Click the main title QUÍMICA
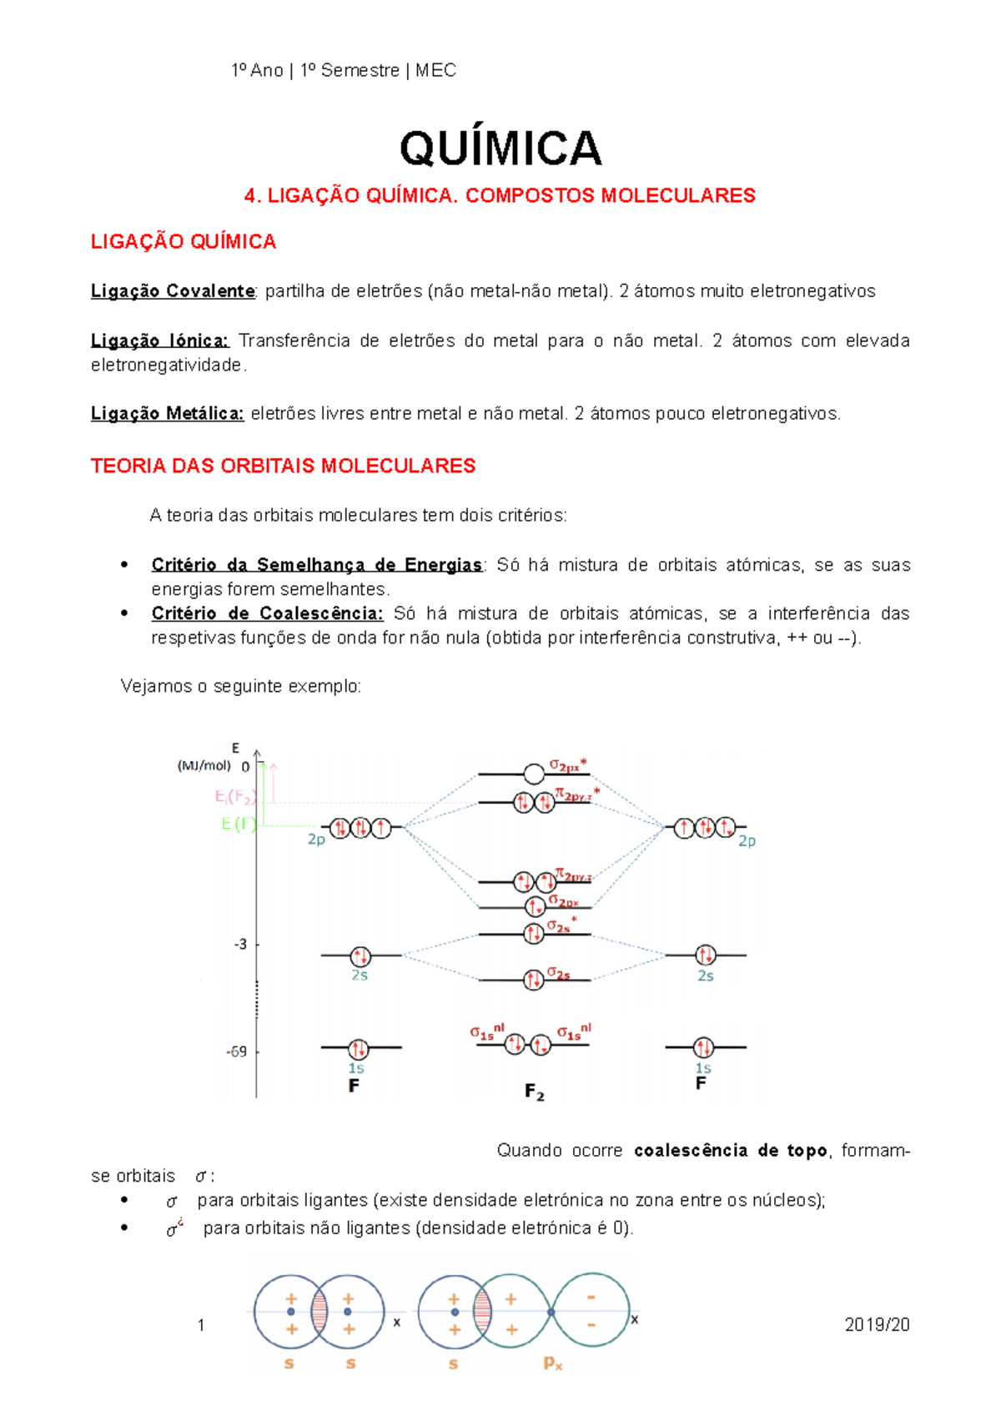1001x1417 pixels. point(500,149)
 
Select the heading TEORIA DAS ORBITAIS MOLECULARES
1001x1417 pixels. point(283,466)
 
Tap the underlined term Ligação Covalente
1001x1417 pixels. point(173,291)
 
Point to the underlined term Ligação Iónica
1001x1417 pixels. point(159,340)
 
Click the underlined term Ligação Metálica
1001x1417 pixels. point(167,414)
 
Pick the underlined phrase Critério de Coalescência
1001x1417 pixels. point(267,613)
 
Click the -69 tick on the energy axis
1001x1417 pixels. point(237,1051)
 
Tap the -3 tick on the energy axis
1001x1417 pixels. point(240,945)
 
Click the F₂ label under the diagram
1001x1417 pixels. point(535,1092)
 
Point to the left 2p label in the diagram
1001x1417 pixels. point(316,840)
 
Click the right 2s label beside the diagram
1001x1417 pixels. point(706,976)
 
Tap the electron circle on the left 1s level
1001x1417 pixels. point(359,1048)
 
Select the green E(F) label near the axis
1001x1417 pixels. point(239,824)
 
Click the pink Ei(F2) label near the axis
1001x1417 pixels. point(234,797)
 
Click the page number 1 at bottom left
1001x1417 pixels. point(201,1325)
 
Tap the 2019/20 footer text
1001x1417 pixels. point(877,1325)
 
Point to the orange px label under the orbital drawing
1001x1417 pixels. point(553,1364)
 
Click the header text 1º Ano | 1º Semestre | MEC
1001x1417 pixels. point(344,71)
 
